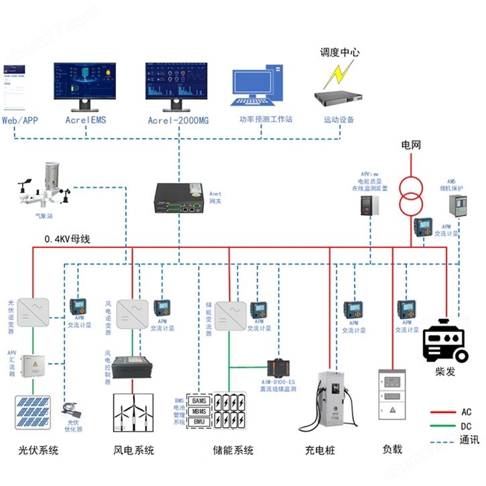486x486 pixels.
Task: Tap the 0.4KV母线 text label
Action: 67,239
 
